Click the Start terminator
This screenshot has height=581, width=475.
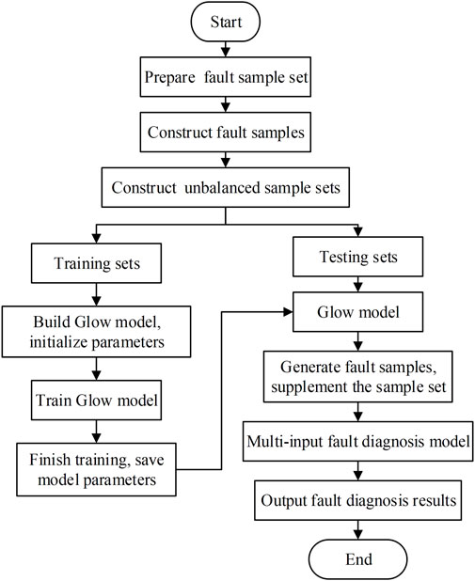click(x=226, y=22)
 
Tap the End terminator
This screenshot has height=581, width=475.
click(x=357, y=559)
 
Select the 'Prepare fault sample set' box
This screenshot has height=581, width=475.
click(x=226, y=77)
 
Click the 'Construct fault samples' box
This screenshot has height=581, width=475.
click(x=226, y=133)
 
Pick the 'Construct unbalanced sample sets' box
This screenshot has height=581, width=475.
click(x=226, y=187)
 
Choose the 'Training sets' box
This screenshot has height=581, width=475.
click(x=96, y=263)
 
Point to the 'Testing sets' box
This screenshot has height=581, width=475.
click(x=357, y=257)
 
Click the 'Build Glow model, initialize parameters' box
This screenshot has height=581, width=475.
click(x=96, y=332)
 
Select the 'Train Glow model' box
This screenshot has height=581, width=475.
click(x=96, y=400)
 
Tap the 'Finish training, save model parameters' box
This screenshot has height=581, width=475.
click(x=96, y=469)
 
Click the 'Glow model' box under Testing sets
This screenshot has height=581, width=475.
click(x=357, y=312)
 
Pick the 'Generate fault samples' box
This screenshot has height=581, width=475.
click(x=357, y=377)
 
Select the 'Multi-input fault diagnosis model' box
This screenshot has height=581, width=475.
click(x=357, y=441)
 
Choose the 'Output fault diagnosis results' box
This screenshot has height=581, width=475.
click(x=357, y=500)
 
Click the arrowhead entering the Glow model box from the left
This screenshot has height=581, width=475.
click(x=288, y=312)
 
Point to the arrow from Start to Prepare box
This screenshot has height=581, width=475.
click(x=226, y=49)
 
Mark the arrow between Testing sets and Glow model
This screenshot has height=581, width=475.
click(x=357, y=284)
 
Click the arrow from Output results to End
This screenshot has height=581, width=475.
click(x=357, y=530)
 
